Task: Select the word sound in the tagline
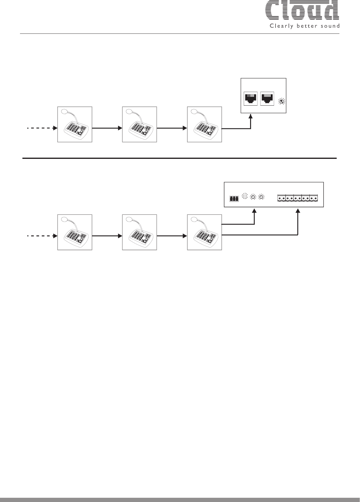(x=329, y=26)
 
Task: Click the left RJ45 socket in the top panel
(x=250, y=98)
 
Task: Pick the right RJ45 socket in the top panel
(x=266, y=98)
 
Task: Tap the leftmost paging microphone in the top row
(x=74, y=124)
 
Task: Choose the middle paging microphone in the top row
(x=139, y=124)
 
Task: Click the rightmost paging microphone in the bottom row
(x=204, y=232)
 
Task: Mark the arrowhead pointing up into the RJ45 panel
(x=251, y=117)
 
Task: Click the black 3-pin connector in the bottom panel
(x=234, y=199)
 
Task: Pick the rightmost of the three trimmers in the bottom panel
(x=262, y=197)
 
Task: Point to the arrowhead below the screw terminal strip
(x=298, y=211)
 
